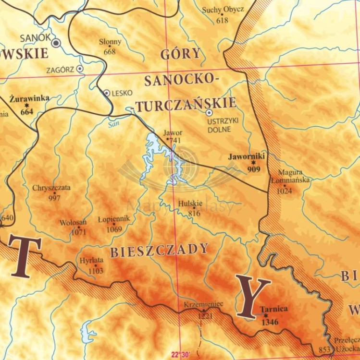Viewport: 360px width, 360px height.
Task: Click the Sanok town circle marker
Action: click(x=56, y=43)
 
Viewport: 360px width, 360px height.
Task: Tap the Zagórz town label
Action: click(x=60, y=70)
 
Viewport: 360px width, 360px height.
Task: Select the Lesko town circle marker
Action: click(x=107, y=93)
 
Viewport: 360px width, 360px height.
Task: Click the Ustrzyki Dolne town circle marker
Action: click(x=209, y=112)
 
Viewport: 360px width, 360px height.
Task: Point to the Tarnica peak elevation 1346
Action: click(x=270, y=322)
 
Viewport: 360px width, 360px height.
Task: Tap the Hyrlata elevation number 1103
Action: click(x=96, y=271)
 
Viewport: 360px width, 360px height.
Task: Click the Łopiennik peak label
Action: click(x=113, y=219)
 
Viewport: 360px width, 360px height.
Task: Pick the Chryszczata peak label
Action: click(x=51, y=188)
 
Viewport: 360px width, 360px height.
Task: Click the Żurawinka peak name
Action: click(x=29, y=98)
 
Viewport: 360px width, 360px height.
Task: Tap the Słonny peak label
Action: click(x=110, y=42)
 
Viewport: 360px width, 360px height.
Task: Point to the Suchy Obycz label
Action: click(x=223, y=10)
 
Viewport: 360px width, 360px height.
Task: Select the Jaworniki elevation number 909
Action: click(x=253, y=169)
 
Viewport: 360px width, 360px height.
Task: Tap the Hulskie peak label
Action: click(x=190, y=204)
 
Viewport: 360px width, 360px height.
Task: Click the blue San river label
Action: click(x=113, y=123)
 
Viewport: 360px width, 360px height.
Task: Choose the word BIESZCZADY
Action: click(x=159, y=250)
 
